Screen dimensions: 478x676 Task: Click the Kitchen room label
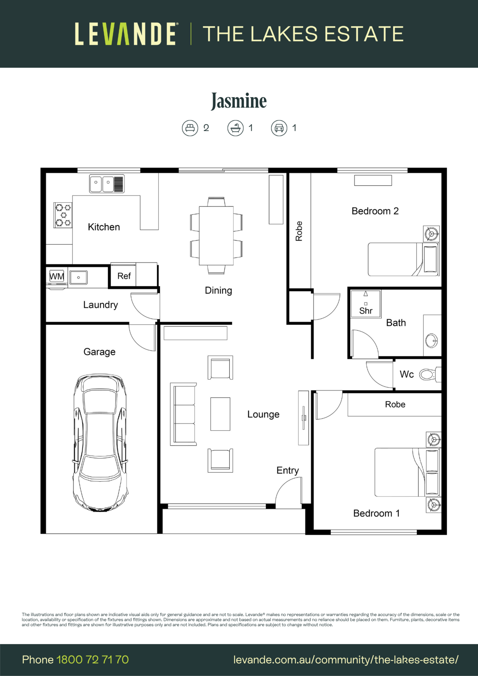click(x=104, y=227)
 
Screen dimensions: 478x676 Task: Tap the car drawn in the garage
click(x=100, y=443)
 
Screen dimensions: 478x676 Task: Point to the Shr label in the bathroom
click(x=366, y=311)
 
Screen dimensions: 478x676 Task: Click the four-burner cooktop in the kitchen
click(x=63, y=215)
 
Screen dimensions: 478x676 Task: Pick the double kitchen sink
click(x=107, y=183)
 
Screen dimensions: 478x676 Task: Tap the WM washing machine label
click(x=57, y=277)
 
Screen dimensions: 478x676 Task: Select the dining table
click(x=216, y=235)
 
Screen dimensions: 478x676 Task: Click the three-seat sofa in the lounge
click(x=183, y=414)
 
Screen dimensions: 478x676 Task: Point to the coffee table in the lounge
click(x=220, y=414)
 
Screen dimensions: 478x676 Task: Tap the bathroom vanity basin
click(x=432, y=341)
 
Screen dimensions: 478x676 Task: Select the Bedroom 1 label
click(x=376, y=513)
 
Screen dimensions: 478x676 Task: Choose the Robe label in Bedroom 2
click(x=299, y=231)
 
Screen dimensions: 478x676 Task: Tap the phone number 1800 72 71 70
click(x=92, y=660)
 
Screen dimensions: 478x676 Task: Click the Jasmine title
click(x=239, y=101)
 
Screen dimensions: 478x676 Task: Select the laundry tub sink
click(x=78, y=277)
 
